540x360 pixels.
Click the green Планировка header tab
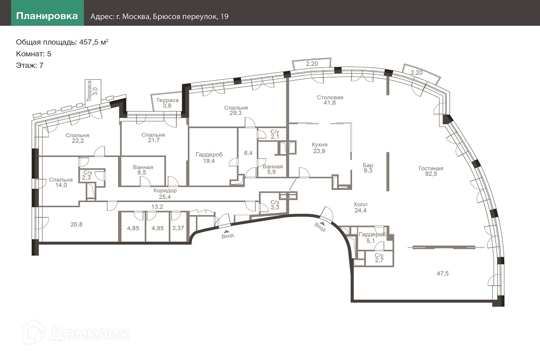point(47,16)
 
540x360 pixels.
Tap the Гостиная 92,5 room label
point(431,171)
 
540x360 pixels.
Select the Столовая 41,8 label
point(330,100)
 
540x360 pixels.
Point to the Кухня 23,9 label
point(319,148)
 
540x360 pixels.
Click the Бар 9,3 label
point(368,168)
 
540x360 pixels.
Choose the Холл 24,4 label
point(360,207)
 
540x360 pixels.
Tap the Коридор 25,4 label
point(165,194)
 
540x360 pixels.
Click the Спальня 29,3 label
point(236,110)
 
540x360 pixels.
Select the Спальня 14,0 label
point(61,182)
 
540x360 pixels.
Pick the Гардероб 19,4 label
point(209,158)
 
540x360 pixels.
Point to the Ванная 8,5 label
point(142,170)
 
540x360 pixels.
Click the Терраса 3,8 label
point(167,103)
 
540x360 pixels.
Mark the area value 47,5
point(442,274)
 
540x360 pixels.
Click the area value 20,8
point(76,224)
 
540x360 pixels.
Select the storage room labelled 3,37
point(178,228)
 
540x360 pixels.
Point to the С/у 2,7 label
point(379,258)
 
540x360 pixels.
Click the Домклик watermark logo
point(76,333)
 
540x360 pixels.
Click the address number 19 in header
point(225,16)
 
